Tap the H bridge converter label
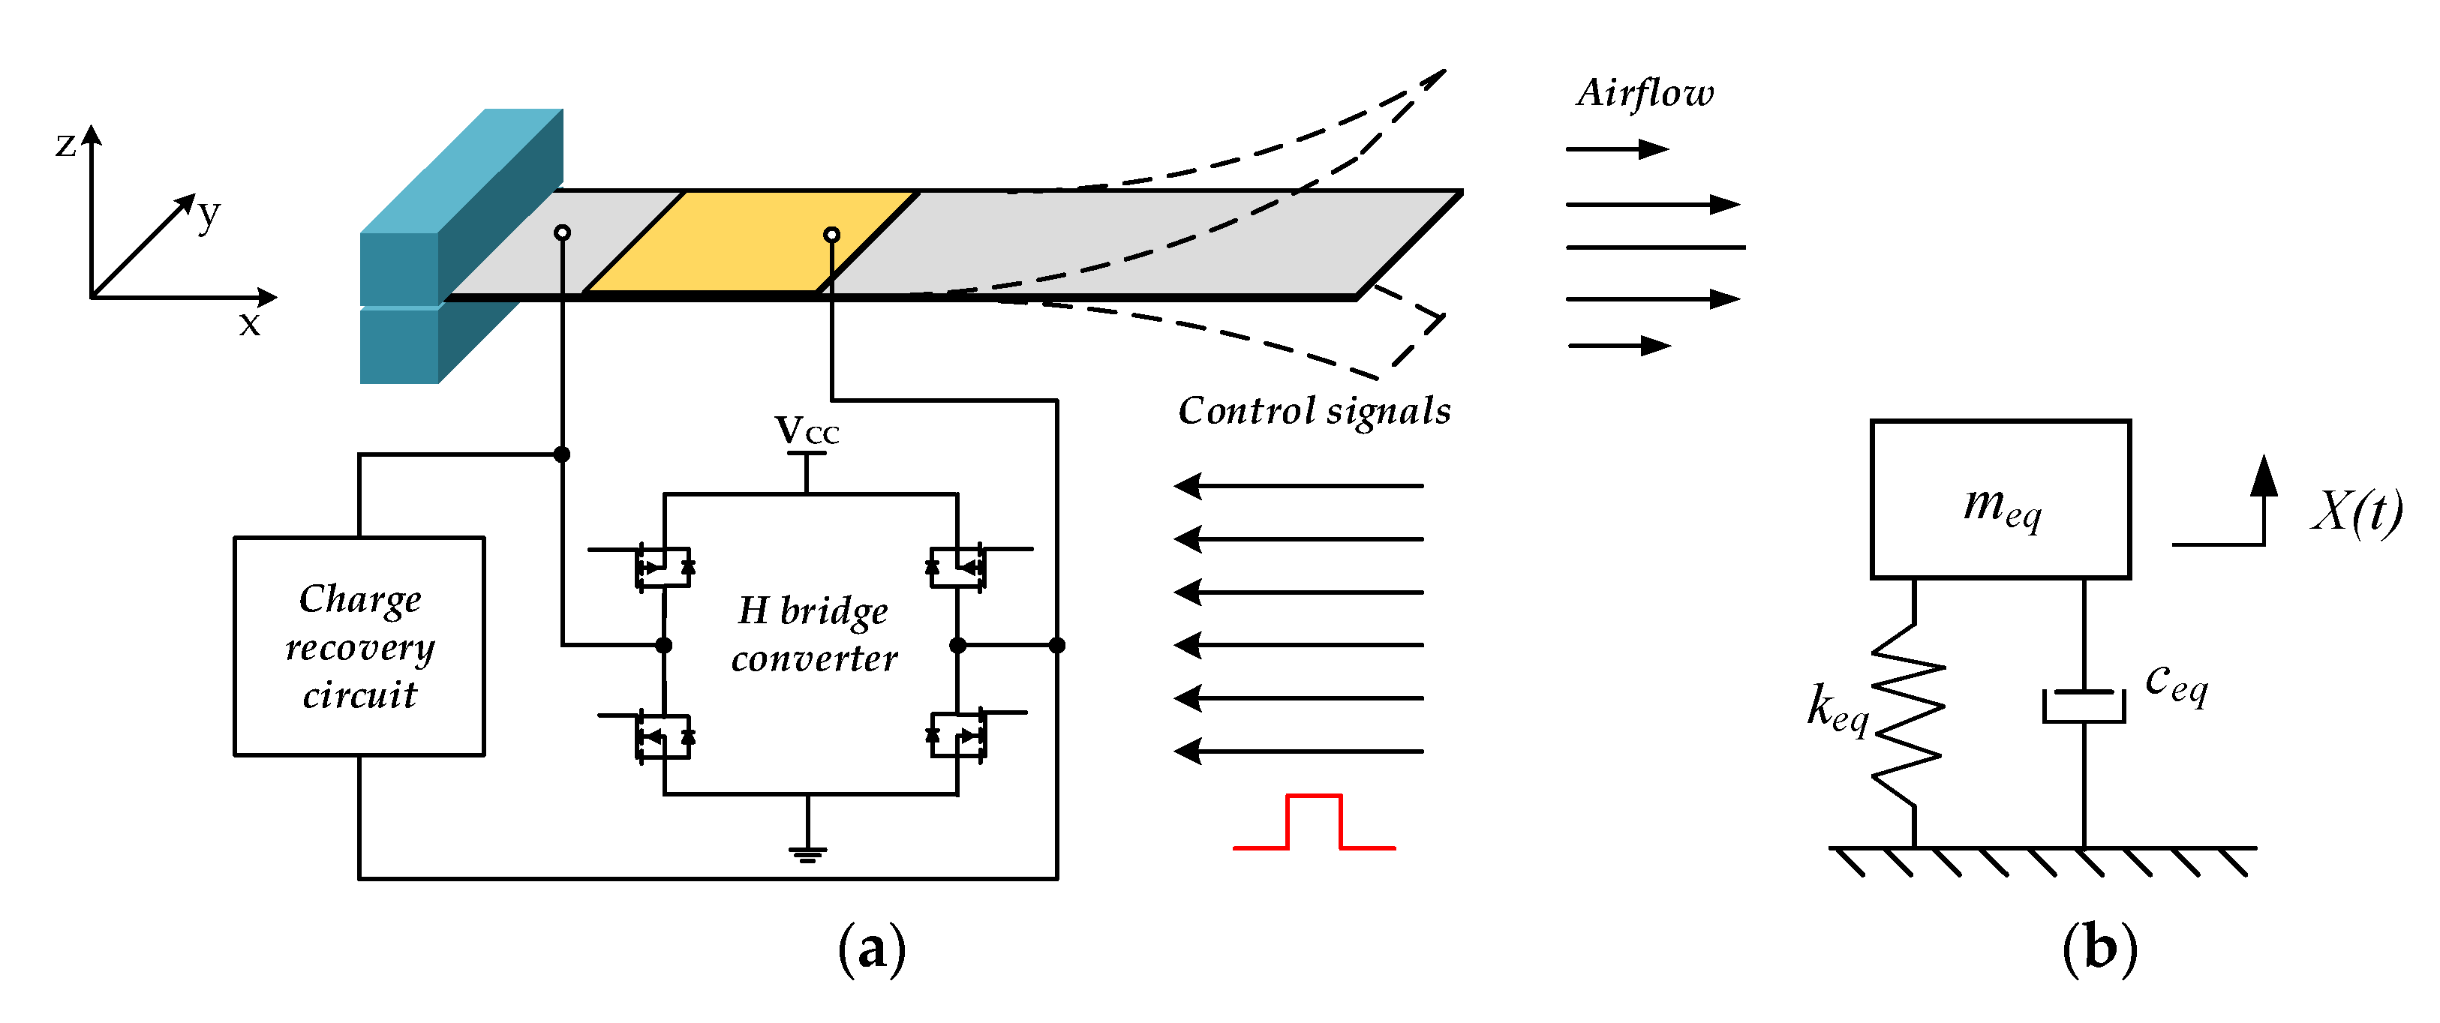point(813,634)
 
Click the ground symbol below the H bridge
point(807,853)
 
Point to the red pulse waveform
point(1314,822)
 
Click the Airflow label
point(1645,93)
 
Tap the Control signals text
point(1314,411)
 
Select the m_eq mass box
point(2000,499)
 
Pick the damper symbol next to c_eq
point(2084,706)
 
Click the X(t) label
point(2357,511)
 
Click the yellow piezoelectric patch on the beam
point(751,241)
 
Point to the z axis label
point(65,144)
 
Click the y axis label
point(209,213)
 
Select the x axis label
point(249,324)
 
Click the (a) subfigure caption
point(871,948)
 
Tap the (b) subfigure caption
point(2100,948)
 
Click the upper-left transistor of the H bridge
point(663,568)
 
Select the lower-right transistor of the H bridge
point(957,736)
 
